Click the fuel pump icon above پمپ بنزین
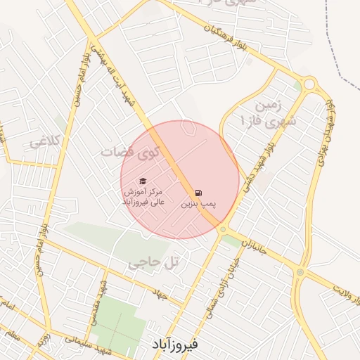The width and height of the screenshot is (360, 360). point(198,193)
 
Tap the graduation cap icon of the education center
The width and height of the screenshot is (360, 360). point(143,180)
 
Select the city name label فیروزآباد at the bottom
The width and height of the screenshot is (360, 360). point(175,345)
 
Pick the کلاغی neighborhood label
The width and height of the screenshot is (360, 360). point(46,142)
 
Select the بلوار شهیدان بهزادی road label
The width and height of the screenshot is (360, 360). point(324,133)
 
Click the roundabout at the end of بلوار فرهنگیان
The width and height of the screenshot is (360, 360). point(310,86)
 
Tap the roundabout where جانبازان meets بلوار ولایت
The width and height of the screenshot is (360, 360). point(300,272)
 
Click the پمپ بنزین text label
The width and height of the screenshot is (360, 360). point(198,204)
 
